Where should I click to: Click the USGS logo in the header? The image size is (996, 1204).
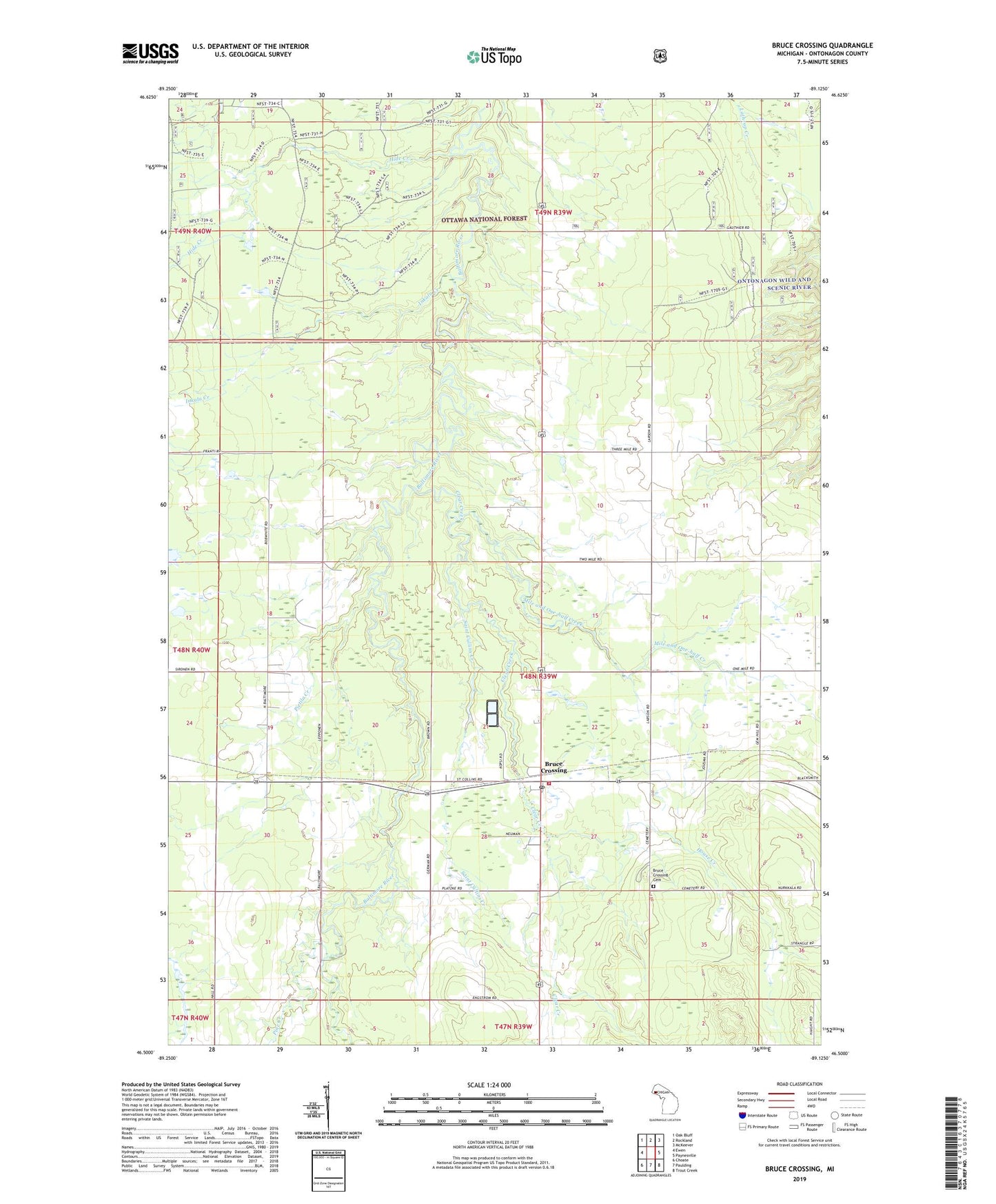[x=150, y=53]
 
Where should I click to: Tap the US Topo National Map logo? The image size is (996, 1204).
[x=493, y=56]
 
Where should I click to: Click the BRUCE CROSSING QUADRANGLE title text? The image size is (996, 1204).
[x=822, y=46]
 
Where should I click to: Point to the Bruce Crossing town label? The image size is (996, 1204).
[x=555, y=767]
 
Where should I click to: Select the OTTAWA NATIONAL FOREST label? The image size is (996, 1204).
[x=484, y=219]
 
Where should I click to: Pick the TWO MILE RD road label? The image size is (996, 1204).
[x=590, y=559]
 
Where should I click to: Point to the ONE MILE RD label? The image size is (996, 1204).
[x=742, y=668]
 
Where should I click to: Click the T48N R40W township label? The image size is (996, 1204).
[x=192, y=650]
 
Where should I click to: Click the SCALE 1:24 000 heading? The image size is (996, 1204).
[x=489, y=1085]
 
